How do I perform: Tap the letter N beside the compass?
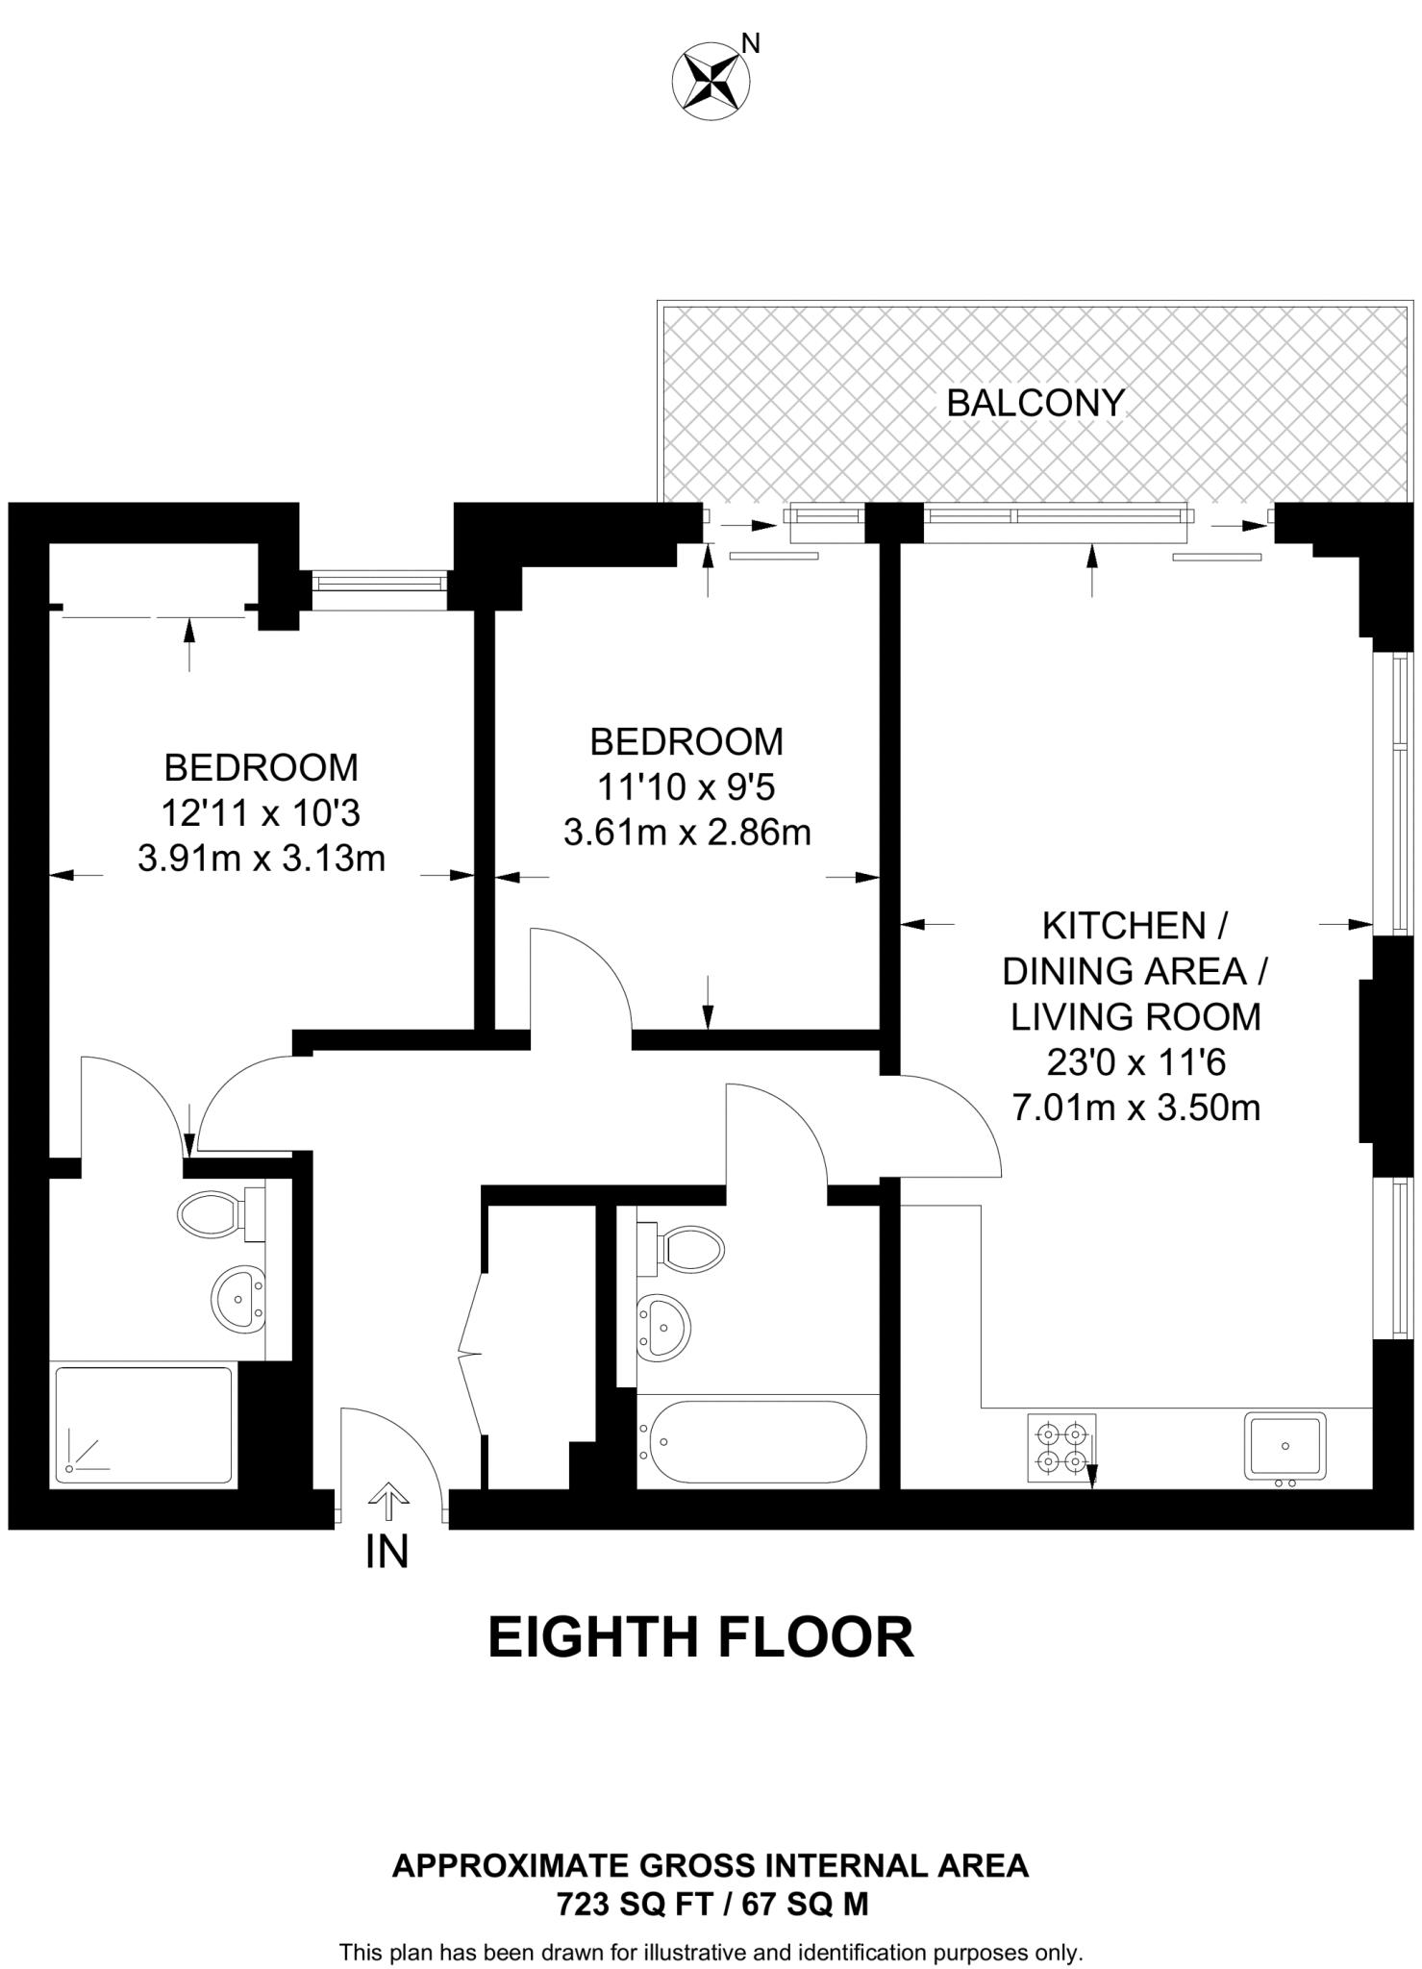pyautogui.click(x=752, y=43)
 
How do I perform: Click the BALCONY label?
pyautogui.click(x=1035, y=403)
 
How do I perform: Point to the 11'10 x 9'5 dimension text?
pyautogui.click(x=686, y=787)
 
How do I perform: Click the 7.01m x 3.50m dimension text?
pyautogui.click(x=1135, y=1109)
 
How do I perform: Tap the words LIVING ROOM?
pyautogui.click(x=1135, y=1017)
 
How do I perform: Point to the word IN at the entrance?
pyautogui.click(x=387, y=1552)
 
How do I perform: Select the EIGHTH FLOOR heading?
pyautogui.click(x=701, y=1638)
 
